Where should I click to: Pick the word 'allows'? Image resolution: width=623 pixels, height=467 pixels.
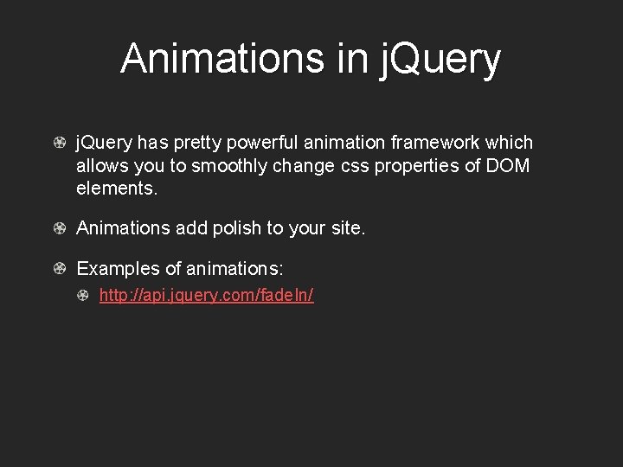click(100, 164)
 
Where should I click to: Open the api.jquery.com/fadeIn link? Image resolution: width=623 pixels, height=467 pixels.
click(206, 296)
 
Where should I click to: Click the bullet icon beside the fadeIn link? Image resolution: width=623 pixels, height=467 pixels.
click(82, 296)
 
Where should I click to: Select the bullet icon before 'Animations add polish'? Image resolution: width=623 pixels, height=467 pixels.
click(60, 228)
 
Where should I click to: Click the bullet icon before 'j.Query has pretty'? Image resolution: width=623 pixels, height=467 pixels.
click(60, 143)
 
